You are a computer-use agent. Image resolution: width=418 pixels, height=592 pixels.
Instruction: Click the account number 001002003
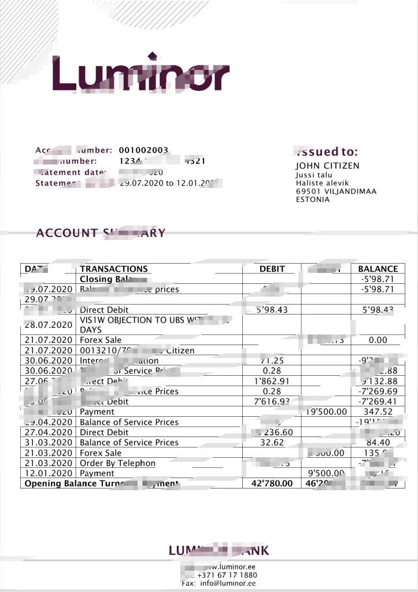(143, 150)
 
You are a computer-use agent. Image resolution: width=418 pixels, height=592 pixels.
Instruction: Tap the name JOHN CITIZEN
(327, 166)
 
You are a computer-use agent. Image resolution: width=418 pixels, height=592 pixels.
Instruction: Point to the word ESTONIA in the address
(313, 199)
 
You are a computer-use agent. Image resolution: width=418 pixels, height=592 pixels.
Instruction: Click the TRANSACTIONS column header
(114, 269)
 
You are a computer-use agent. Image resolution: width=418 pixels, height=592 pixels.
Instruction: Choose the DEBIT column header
(272, 269)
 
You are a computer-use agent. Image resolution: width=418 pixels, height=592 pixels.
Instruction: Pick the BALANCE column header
(378, 269)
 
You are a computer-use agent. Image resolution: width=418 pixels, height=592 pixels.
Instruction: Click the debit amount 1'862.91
(272, 382)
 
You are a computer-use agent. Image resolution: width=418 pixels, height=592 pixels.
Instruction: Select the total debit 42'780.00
(272, 484)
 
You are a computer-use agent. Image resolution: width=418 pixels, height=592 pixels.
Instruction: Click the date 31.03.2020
(49, 443)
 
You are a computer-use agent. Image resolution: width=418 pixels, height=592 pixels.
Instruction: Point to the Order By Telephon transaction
(118, 463)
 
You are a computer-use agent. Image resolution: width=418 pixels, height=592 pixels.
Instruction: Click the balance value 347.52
(378, 412)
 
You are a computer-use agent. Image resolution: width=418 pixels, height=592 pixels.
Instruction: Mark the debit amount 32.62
(272, 443)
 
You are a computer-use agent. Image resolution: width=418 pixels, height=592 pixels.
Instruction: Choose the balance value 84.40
(378, 443)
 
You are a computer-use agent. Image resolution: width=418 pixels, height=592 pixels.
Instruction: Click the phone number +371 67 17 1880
(227, 575)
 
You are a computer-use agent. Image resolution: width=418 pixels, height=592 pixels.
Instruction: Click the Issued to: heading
(327, 152)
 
